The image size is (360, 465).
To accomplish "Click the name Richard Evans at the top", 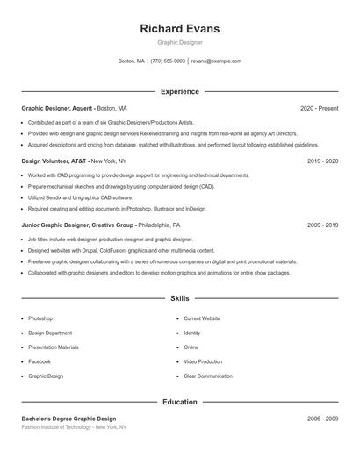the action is click(x=179, y=28).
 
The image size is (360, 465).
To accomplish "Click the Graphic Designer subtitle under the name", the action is click(x=179, y=42).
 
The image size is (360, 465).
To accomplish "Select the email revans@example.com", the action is click(x=216, y=61).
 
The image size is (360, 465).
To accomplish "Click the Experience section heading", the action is click(x=179, y=91).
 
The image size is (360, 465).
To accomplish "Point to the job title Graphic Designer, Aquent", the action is click(x=58, y=108).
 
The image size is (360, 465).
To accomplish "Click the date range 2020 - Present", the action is click(x=319, y=108).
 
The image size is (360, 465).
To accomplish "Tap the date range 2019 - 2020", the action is click(x=322, y=161).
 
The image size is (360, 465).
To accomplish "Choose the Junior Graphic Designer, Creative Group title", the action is click(x=77, y=225).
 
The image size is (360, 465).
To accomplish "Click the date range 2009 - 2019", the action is click(x=322, y=225).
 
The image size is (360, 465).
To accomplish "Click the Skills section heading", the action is click(x=179, y=299).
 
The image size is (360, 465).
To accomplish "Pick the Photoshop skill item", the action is click(x=40, y=318).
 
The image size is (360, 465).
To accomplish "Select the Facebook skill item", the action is click(x=40, y=361).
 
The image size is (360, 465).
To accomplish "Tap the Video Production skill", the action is click(x=203, y=361).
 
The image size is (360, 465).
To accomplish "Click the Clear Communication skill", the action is click(x=208, y=376).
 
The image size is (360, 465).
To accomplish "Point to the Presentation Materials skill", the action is click(x=53, y=347).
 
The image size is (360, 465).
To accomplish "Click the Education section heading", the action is click(x=179, y=402).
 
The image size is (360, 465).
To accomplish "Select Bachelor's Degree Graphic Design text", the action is click(x=68, y=418).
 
